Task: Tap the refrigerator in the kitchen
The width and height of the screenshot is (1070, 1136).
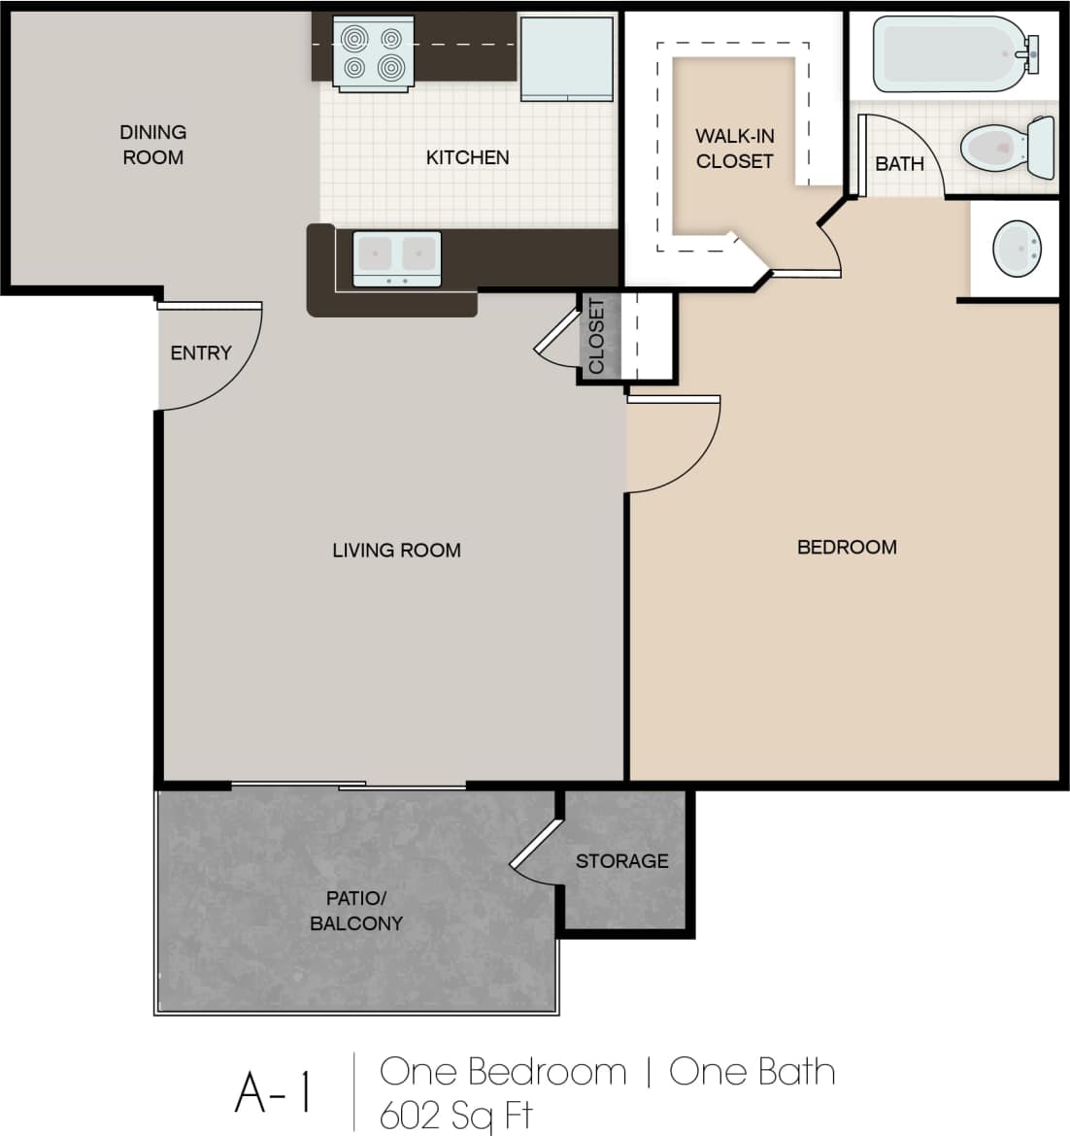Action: [566, 57]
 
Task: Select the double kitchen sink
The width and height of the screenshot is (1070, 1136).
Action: [396, 258]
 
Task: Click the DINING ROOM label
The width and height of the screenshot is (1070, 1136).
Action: [152, 145]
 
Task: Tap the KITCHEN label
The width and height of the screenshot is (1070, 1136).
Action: [467, 157]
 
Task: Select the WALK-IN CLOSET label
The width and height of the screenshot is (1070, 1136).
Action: [734, 149]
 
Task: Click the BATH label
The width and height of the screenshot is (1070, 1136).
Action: [899, 164]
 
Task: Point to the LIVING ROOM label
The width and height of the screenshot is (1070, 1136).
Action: [396, 551]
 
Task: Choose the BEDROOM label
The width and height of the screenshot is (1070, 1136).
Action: [846, 548]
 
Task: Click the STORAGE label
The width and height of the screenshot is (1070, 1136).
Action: [621, 861]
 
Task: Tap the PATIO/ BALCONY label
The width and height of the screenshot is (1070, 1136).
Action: [355, 911]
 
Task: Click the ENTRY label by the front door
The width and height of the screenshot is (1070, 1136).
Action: [201, 353]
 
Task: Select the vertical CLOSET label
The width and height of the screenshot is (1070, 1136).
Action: [596, 336]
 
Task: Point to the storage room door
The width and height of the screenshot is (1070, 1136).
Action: [536, 843]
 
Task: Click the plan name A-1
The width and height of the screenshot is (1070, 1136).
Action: [274, 1093]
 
